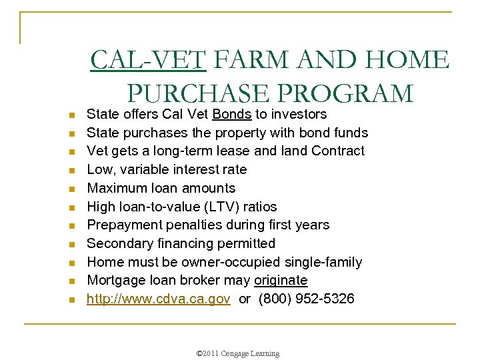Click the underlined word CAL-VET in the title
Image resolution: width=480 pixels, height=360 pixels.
[149, 61]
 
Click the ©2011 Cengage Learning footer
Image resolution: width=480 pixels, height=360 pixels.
[239, 353]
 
